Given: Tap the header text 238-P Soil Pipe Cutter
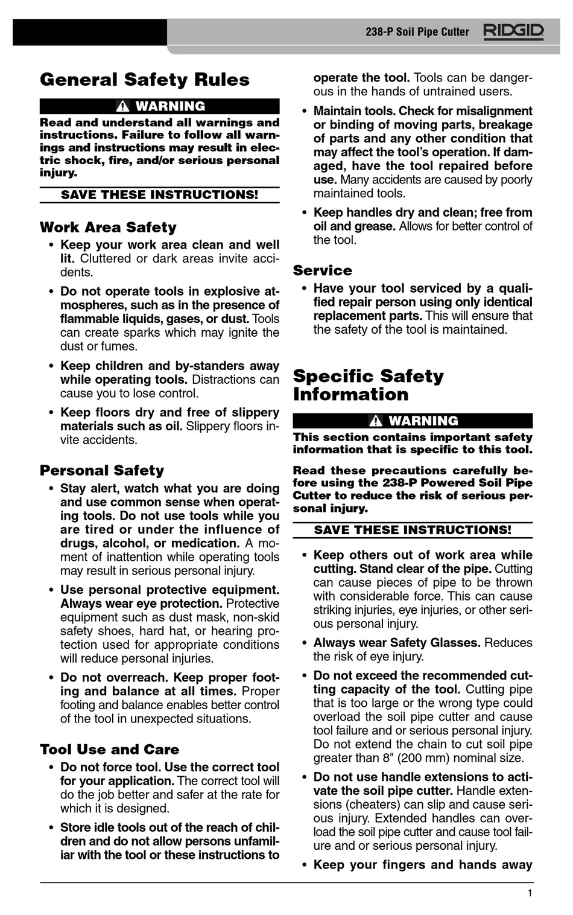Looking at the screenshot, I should [417, 32].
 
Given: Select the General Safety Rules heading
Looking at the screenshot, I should [145, 80].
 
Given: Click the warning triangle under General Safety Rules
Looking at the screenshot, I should [122, 107].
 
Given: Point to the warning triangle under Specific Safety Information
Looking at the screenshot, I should [376, 421].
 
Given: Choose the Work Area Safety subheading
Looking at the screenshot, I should [108, 228].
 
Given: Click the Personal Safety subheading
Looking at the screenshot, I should [102, 470].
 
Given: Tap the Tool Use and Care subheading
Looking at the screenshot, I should [110, 750].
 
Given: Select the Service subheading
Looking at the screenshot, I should [323, 270].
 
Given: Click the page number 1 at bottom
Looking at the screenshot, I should [530, 894].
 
